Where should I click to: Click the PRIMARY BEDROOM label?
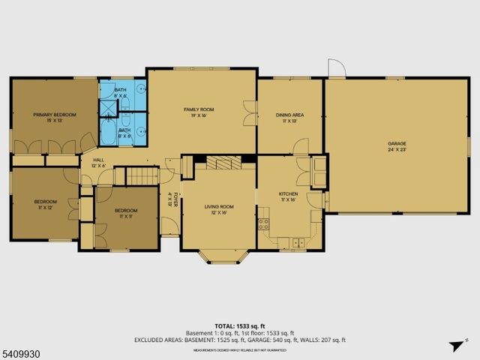click(55, 115)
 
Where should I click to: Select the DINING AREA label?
click(289, 115)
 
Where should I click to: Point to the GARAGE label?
click(396, 143)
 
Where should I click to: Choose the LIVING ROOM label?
click(219, 207)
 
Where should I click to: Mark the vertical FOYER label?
click(171, 200)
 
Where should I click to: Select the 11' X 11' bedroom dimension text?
click(125, 216)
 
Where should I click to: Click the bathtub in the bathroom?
click(107, 135)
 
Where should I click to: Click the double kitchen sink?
click(299, 242)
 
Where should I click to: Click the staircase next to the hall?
click(142, 177)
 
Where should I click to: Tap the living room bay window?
click(220, 258)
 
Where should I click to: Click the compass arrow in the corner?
click(454, 346)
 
